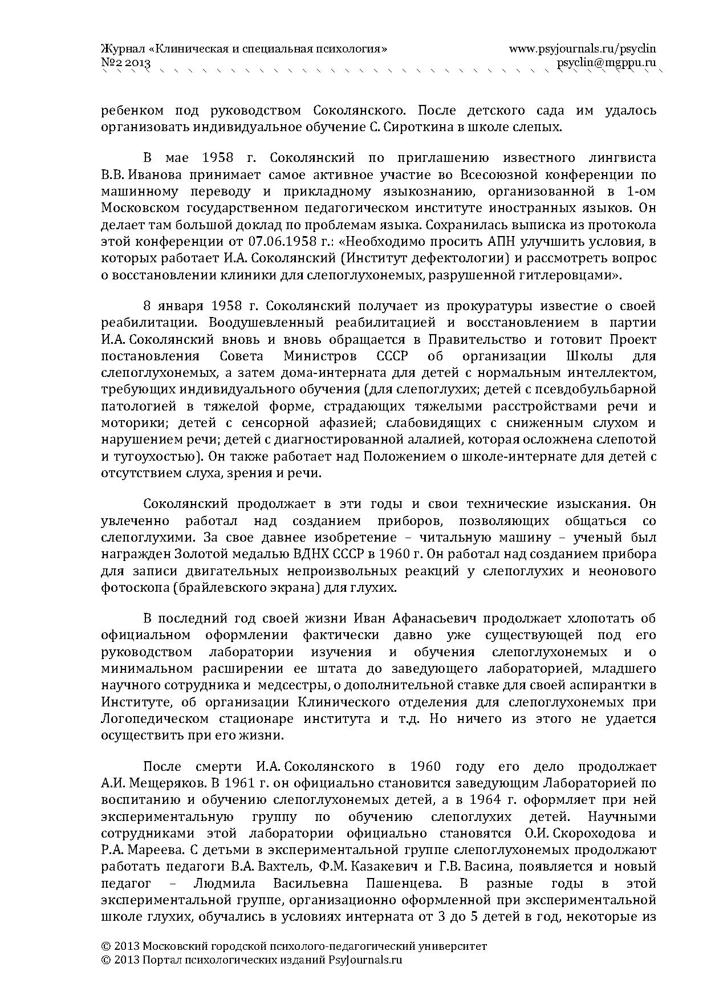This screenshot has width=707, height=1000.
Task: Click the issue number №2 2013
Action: point(125,63)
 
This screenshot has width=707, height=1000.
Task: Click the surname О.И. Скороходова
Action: point(576,833)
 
